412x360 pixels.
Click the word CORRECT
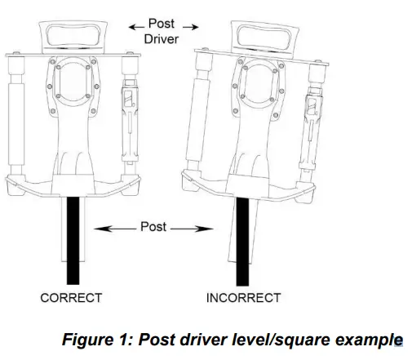click(71, 298)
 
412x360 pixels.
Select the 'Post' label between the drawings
click(153, 225)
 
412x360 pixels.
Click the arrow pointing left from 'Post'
click(115, 225)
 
